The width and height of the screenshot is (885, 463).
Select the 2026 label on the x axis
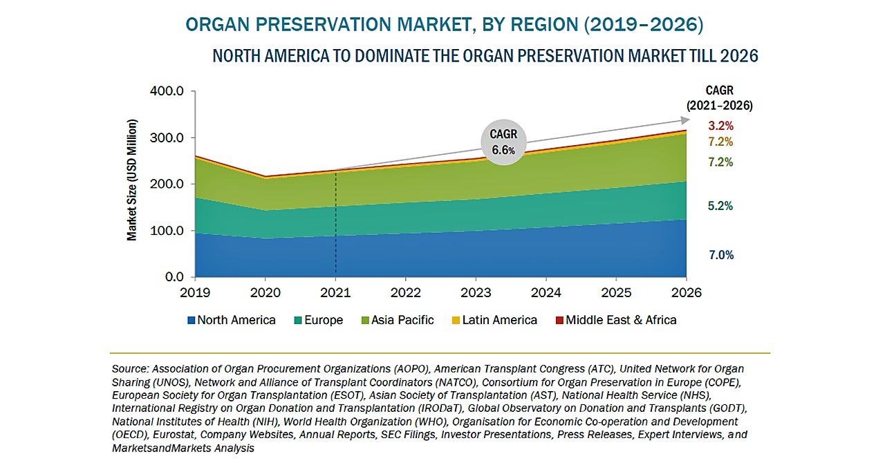pos(687,292)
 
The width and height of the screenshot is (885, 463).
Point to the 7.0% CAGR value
pos(720,255)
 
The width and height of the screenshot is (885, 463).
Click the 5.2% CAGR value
pos(720,206)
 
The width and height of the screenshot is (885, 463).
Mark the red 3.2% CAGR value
pos(720,126)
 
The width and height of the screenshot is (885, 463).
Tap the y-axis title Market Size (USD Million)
pos(132,180)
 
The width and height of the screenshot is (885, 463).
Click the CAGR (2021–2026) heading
pos(719,98)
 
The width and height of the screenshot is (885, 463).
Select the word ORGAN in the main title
pos(216,25)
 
